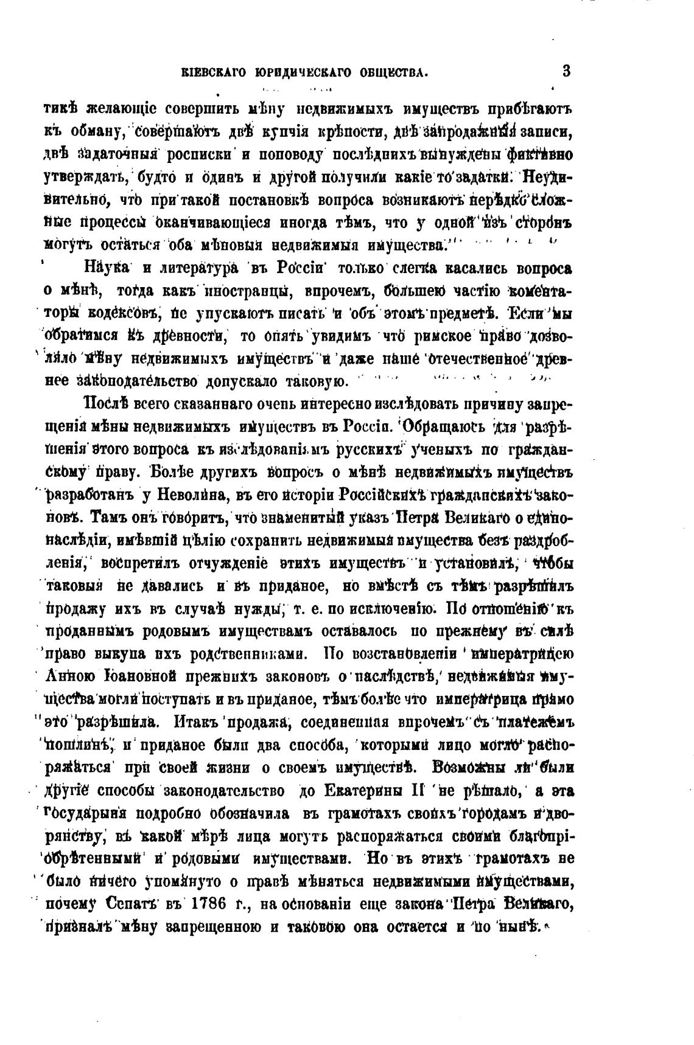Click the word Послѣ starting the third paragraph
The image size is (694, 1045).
click(x=107, y=403)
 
